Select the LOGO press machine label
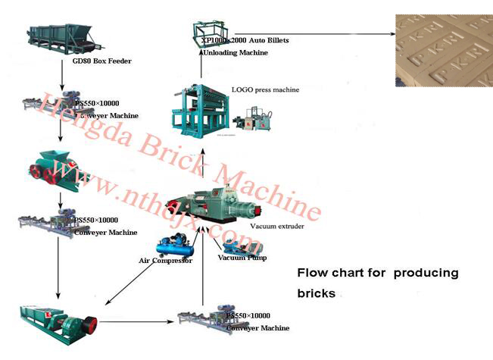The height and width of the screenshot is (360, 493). click(265, 90)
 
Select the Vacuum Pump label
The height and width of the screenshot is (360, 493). click(242, 258)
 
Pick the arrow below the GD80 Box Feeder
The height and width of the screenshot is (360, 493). click(62, 78)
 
